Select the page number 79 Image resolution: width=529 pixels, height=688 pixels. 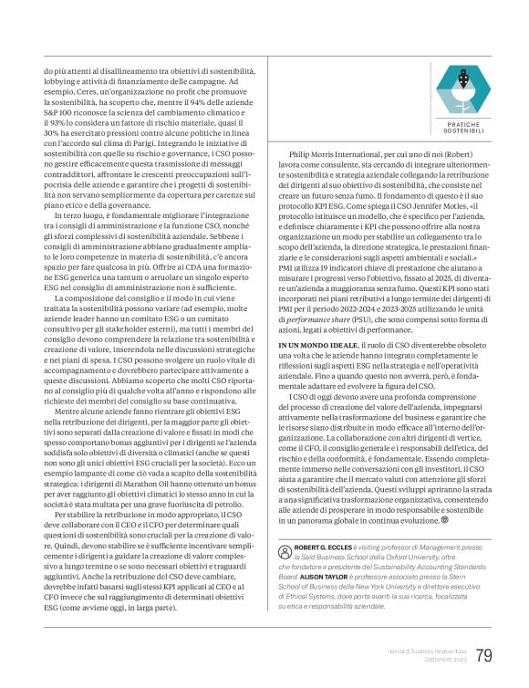tap(484, 655)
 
